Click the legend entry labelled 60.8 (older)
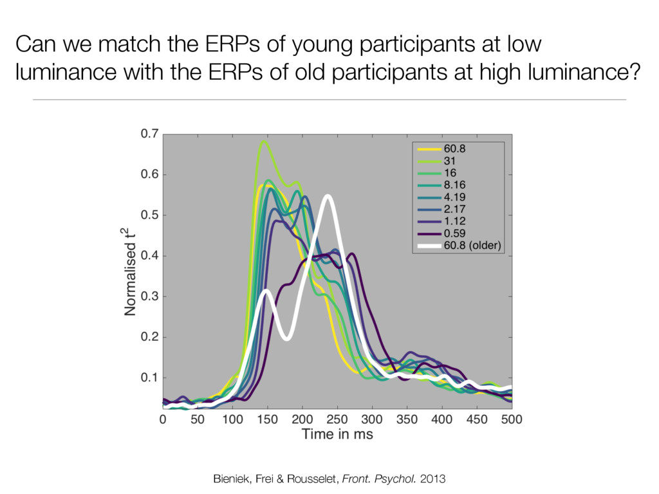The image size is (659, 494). tap(472, 245)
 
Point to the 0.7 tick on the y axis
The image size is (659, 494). tap(149, 134)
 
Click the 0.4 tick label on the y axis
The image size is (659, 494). tap(149, 256)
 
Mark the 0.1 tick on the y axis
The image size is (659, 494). tap(149, 378)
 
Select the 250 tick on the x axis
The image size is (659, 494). tap(337, 419)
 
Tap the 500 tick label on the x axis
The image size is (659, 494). tap(512, 419)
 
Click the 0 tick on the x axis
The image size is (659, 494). tap(163, 419)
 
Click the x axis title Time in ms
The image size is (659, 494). tap(337, 435)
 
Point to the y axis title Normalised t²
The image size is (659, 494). tap(130, 271)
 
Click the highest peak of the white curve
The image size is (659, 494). tap(328, 196)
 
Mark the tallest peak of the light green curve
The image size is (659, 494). tap(263, 142)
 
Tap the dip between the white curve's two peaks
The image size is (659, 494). tap(287, 338)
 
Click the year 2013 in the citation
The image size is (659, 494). tap(432, 479)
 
